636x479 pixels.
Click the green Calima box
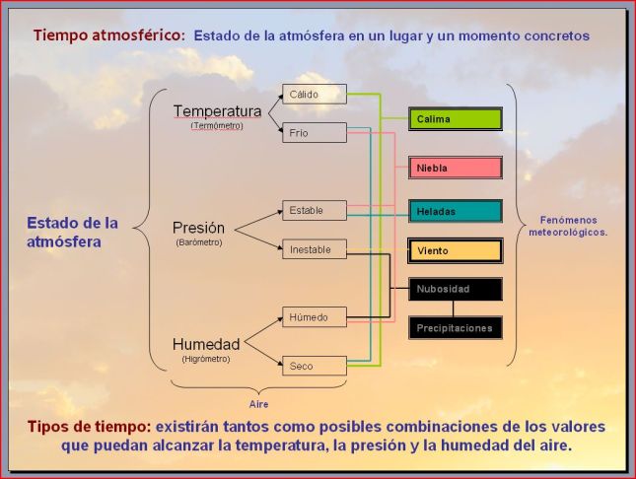pos(456,119)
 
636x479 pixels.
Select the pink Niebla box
pos(456,168)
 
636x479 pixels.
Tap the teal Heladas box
pos(456,211)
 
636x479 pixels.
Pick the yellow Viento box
pos(456,250)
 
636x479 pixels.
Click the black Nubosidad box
pos(456,289)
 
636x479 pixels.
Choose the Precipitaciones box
pos(456,327)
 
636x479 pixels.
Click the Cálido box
pos(314,95)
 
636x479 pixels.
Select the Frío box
pos(314,133)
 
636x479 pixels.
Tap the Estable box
pos(314,210)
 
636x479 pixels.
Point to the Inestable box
pos(314,249)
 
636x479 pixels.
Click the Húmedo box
pos(314,317)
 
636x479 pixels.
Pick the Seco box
pos(314,366)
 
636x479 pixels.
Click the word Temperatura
pos(217,111)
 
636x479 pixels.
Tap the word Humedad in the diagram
pos(205,344)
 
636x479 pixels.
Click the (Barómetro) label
pos(199,242)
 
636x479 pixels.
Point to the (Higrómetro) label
pos(206,359)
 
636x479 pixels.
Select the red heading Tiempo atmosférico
pos(108,34)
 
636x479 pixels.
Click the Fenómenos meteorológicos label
pos(575,226)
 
